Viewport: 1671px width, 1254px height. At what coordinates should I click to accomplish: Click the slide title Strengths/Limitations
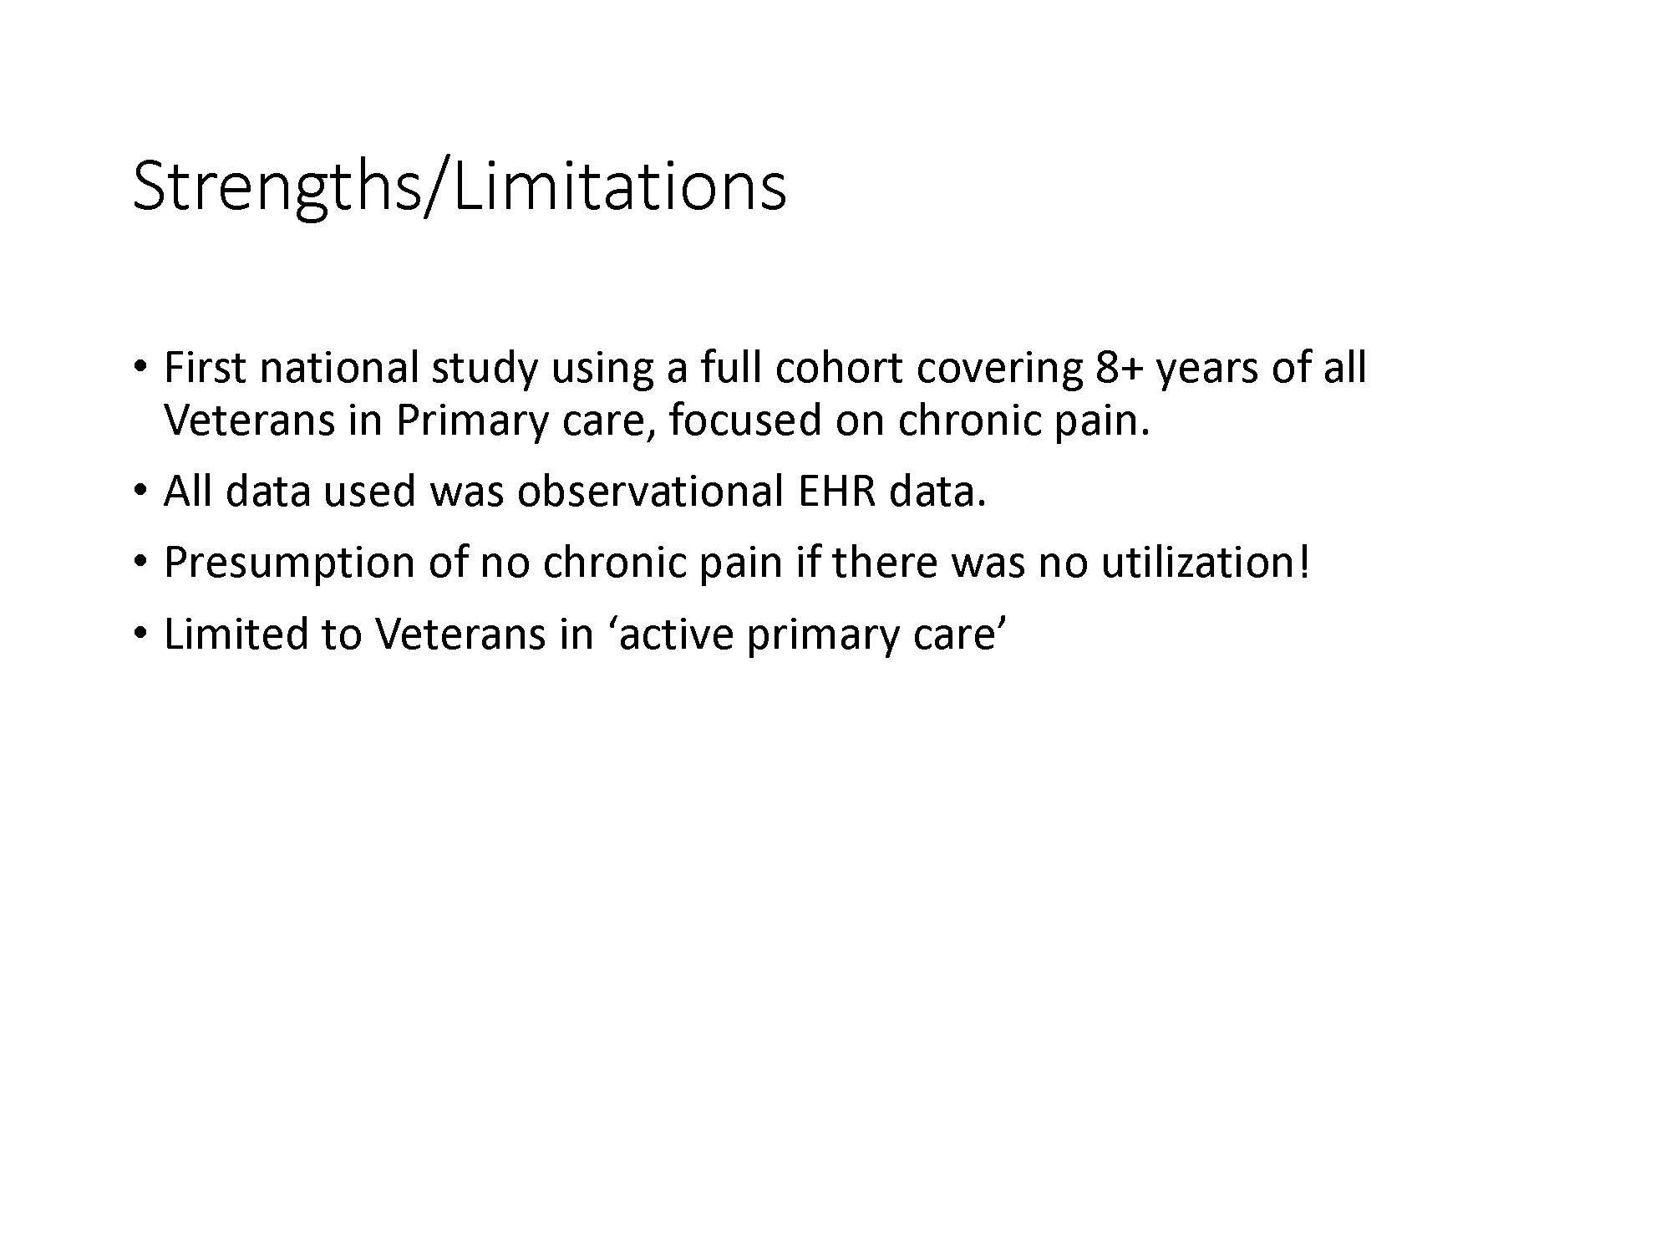coord(459,186)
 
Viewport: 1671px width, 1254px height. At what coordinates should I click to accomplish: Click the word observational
coord(649,491)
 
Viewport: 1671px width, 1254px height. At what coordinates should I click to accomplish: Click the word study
coord(484,370)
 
